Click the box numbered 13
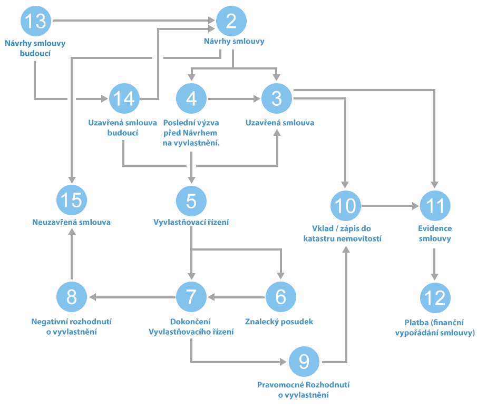pos(35,22)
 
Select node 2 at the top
pos(231,22)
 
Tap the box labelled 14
pos(124,98)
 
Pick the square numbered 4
pos(191,98)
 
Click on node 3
pos(276,98)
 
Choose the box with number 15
pos(72,201)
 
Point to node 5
pos(191,201)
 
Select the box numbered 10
pos(345,206)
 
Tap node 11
pos(435,206)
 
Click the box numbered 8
pos(72,297)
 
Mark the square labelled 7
pos(191,297)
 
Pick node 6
pos(280,297)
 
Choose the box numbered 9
pos(304,362)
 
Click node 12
pos(435,298)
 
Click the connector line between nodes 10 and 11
pos(387,206)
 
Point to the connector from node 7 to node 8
pos(134,297)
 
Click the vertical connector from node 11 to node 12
pos(434,261)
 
